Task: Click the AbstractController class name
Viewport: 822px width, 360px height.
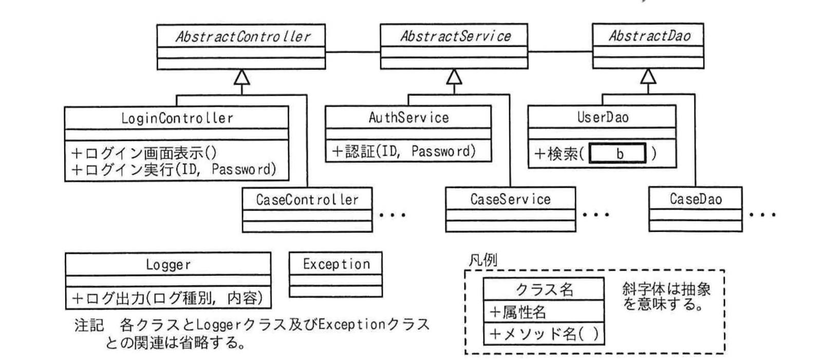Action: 242,36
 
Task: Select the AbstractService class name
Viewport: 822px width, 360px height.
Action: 455,36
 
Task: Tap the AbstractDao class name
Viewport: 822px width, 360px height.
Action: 649,36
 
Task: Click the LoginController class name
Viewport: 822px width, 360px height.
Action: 177,118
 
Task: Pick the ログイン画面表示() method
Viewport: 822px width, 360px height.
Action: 144,153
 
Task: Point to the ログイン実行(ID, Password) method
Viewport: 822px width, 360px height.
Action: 174,169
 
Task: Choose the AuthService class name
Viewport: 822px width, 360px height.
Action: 408,118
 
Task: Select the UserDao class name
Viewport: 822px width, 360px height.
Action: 603,117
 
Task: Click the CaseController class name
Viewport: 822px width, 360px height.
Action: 307,199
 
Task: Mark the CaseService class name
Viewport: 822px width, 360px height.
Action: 510,199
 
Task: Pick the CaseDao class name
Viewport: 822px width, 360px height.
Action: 695,199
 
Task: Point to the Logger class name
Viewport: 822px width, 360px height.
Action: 168,264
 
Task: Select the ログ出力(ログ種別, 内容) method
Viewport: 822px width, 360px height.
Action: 168,298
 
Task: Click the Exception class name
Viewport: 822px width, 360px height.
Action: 336,264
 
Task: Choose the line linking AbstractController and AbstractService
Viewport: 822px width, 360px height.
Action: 352,52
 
